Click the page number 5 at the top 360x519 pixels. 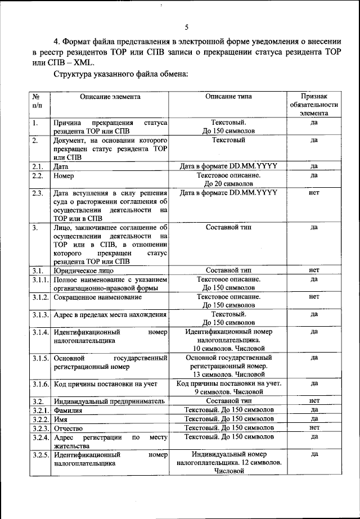tap(186, 27)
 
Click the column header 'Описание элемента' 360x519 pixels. tap(110, 97)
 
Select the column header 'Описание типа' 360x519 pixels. tap(228, 97)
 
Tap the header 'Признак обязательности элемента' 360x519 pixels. tap(314, 105)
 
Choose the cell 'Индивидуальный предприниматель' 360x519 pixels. tap(109, 401)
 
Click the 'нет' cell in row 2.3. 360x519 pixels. tap(314, 193)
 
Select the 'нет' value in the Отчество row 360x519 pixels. tap(314, 428)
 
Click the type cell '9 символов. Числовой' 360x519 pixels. tap(228, 392)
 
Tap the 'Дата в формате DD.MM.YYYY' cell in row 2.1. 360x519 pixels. tap(228, 166)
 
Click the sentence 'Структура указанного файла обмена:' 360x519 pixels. tap(120, 75)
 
